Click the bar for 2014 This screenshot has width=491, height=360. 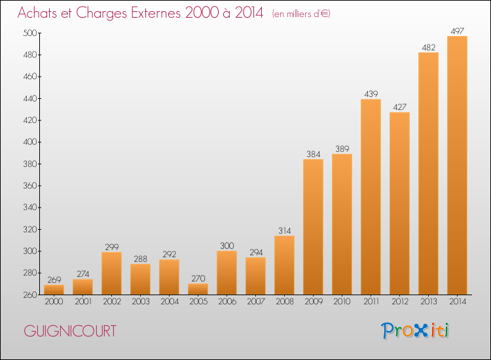point(457,166)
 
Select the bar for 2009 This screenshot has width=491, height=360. point(313,227)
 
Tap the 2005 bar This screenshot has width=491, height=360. point(198,289)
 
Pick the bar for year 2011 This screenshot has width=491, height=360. point(371,197)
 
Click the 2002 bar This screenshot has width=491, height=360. point(111,274)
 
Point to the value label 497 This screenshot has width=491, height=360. point(457,31)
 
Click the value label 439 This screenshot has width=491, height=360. point(371,94)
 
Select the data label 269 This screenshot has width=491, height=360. point(54,279)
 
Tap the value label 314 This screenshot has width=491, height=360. point(285,230)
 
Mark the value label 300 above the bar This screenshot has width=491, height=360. point(227,245)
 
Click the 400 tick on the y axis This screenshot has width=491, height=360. point(30,142)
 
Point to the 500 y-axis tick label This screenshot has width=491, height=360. point(30,33)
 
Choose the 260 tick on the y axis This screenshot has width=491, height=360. point(30,295)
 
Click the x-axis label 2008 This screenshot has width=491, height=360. point(285,302)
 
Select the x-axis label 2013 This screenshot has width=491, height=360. point(429,302)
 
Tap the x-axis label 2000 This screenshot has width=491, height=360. point(54,302)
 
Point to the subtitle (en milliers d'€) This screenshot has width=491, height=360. point(301,14)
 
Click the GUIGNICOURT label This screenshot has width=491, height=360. point(70,331)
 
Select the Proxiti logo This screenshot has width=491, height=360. point(415,331)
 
